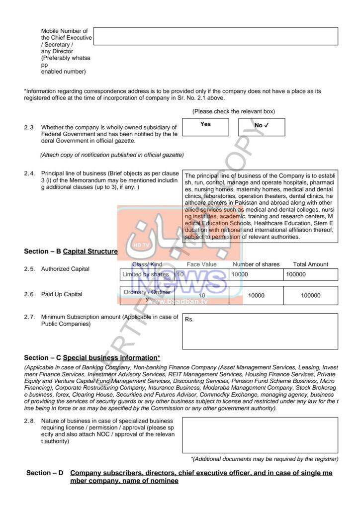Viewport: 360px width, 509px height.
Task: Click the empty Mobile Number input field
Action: pos(215,36)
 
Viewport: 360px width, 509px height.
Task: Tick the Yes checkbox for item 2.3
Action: pos(205,127)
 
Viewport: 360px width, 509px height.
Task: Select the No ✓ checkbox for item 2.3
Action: pos(262,127)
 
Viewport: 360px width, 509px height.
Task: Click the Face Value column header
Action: pos(202,264)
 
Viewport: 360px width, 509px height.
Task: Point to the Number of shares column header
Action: pos(256,264)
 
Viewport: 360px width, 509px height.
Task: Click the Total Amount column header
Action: pos(310,264)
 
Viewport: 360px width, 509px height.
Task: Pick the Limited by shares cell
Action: pos(148,274)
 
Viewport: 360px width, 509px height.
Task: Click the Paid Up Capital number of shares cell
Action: pos(256,295)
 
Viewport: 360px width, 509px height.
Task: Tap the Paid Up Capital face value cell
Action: pos(202,295)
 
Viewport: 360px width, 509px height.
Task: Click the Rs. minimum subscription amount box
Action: pos(260,331)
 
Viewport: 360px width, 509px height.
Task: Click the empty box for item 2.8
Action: pos(260,435)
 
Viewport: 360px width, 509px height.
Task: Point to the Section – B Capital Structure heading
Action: pos(71,252)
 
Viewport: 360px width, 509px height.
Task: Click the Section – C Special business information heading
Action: pos(92,357)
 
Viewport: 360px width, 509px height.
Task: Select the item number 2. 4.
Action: pos(29,173)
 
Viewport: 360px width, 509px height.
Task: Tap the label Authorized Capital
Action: pos(65,269)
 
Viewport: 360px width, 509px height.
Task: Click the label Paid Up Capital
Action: pos(62,294)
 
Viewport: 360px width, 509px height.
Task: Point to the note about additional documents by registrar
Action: pos(265,458)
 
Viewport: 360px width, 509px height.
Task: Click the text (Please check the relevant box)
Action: pos(234,111)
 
